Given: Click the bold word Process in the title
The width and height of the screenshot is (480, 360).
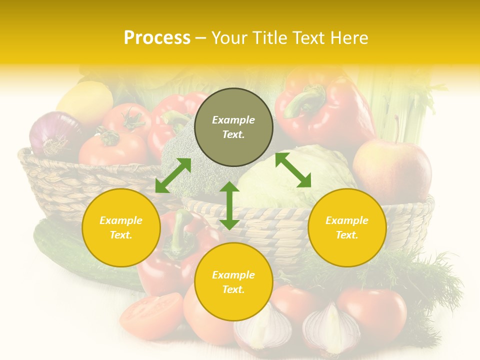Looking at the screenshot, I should coord(157,38).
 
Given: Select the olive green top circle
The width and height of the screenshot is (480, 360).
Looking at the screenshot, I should coord(233,127).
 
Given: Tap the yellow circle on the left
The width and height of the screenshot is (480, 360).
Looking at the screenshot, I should coord(121,227).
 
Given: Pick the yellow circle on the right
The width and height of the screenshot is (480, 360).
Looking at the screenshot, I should coord(346,227).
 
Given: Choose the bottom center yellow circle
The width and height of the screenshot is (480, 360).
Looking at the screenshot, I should coord(233,281).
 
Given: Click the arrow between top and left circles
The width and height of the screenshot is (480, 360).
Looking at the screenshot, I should coord(173,175).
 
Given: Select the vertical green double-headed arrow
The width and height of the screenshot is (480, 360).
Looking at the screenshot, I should coord(229,205).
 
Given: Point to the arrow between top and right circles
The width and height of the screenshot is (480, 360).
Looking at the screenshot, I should coord(293,170).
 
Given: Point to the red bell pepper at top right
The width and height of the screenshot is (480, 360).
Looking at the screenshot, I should coord(325,107).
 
